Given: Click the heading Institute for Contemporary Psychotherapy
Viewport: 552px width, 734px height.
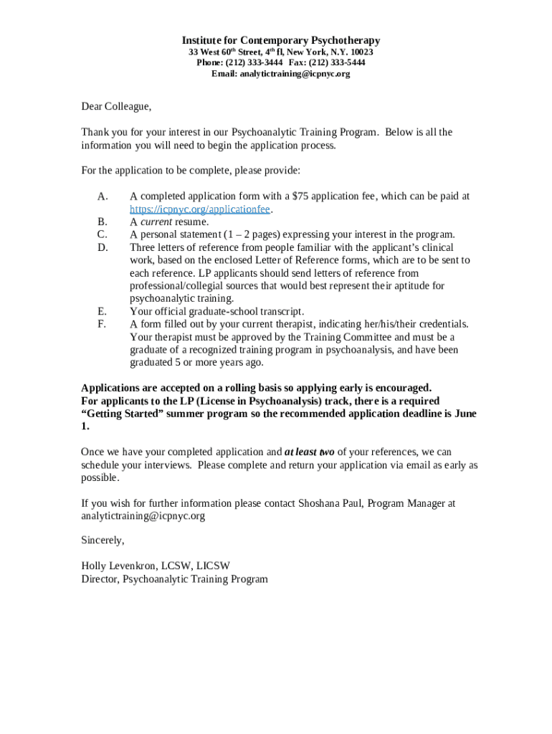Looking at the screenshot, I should (x=281, y=41).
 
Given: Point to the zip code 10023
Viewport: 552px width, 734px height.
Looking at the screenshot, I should (x=361, y=52).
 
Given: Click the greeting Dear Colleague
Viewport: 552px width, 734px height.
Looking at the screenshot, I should (x=115, y=107).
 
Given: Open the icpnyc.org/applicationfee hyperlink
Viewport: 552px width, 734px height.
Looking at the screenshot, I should (x=200, y=209).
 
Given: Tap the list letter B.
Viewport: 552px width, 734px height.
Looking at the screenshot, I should (x=103, y=221).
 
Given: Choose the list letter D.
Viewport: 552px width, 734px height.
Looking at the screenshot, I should (x=103, y=247).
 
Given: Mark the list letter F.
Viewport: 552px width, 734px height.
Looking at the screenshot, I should (x=102, y=324).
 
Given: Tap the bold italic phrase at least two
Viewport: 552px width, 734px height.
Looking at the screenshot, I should (x=310, y=452).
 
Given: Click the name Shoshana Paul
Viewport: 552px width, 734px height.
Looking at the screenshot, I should (x=330, y=503).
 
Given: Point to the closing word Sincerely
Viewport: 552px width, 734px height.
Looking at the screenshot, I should (x=103, y=540).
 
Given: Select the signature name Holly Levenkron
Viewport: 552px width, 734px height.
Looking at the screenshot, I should (x=119, y=566).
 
